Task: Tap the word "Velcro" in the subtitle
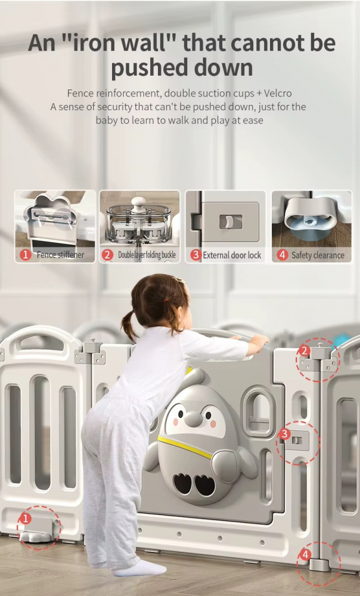pos(278,93)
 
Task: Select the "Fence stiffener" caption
pos(60,254)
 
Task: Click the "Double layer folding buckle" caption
pos(147,254)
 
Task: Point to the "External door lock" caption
pos(232,255)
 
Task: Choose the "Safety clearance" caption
pos(318,255)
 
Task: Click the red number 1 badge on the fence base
pos(26,519)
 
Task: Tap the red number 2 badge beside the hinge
pos(304,351)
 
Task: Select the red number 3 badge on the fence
pos(284,434)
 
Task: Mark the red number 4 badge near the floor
pos(305,554)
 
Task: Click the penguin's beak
pos(194,419)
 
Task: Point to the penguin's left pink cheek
pos(176,423)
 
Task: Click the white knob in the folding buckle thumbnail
pos(138,202)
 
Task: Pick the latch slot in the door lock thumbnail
pos(231,222)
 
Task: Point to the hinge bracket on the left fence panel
pos(91,353)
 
